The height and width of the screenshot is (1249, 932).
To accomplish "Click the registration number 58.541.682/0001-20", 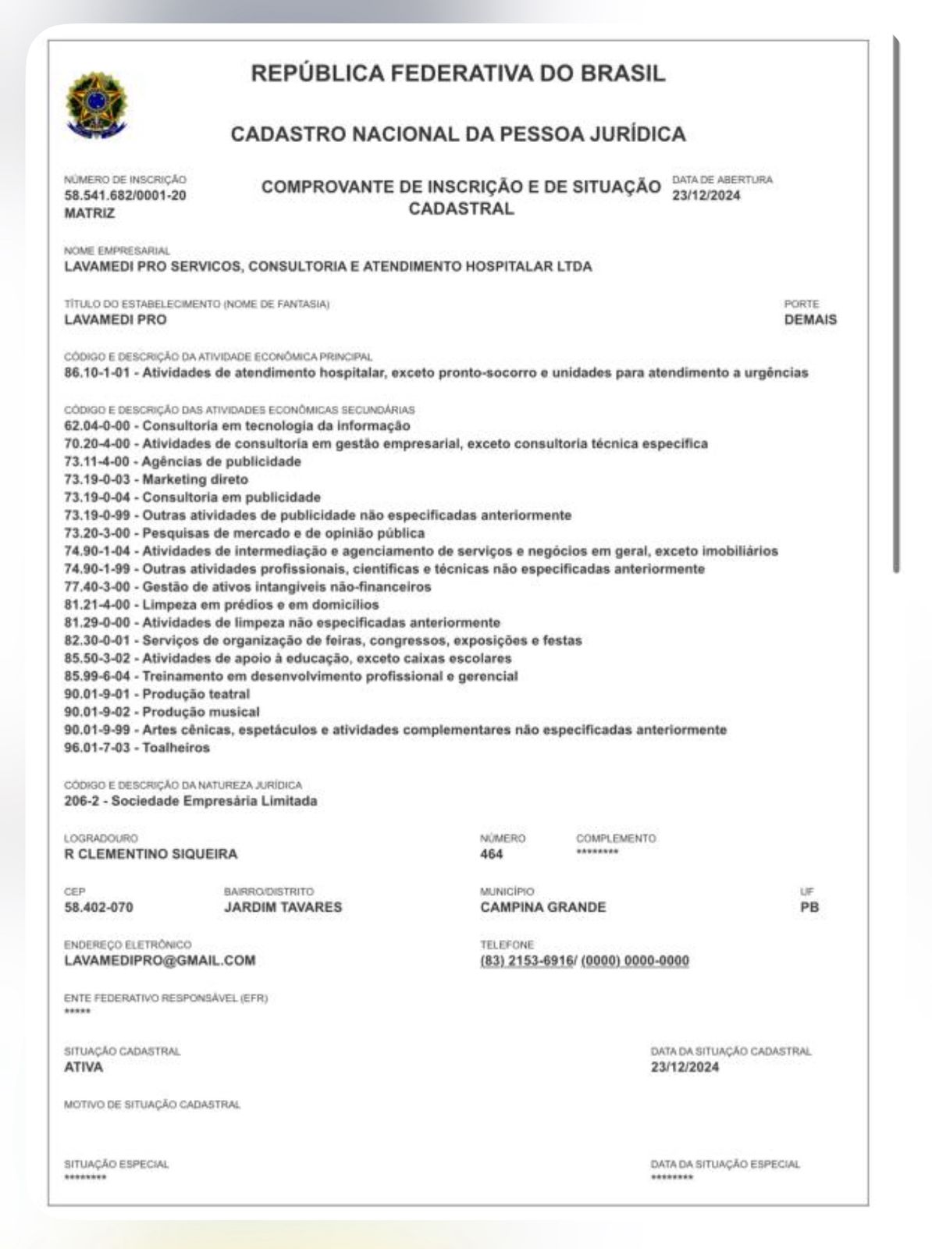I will click(125, 195).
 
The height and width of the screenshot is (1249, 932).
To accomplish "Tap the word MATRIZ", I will click(89, 213).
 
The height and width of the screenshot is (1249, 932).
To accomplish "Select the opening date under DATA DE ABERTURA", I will click(706, 195).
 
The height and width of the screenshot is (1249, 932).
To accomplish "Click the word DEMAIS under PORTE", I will click(810, 319).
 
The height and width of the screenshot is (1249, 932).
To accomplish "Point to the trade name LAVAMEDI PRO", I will click(115, 319).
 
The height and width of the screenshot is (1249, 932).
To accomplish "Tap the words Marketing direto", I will click(194, 479).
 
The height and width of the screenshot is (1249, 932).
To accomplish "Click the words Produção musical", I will click(201, 712).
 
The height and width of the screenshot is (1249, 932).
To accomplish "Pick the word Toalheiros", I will click(176, 748).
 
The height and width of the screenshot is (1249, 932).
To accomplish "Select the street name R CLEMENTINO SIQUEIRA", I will click(151, 854).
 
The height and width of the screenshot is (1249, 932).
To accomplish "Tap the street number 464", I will click(492, 854).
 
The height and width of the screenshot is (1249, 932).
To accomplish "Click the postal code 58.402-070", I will click(98, 907).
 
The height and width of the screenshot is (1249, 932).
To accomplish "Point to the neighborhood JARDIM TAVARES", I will click(283, 907).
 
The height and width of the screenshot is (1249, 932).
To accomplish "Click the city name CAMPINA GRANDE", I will click(542, 907).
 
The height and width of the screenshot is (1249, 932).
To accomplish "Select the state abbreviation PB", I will click(809, 907).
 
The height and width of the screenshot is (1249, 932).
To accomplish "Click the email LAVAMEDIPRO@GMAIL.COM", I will click(159, 960).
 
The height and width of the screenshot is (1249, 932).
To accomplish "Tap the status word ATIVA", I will click(84, 1067).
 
